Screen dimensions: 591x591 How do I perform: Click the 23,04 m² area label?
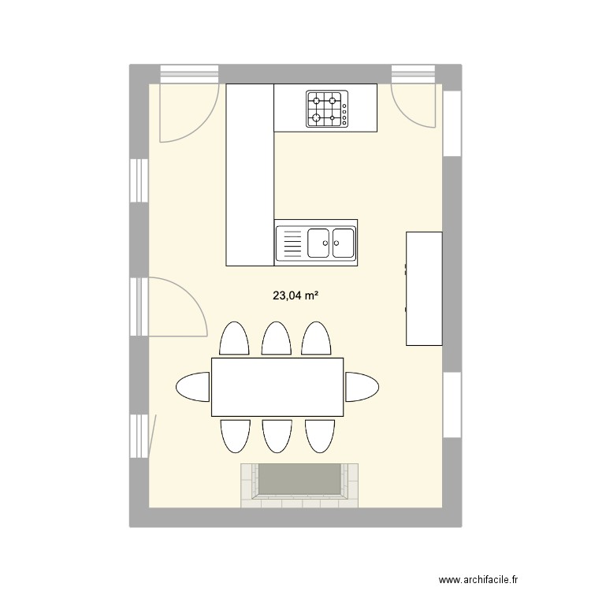point(295,296)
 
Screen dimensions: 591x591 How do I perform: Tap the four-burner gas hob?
point(325,109)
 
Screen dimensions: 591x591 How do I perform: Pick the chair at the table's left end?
point(193,387)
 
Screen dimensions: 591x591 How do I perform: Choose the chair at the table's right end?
point(362,387)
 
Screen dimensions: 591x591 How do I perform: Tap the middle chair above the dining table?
point(275,339)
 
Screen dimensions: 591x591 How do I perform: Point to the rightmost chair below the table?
point(318,435)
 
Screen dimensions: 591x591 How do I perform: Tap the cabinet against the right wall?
point(424,288)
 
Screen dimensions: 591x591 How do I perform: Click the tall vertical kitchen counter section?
point(249,175)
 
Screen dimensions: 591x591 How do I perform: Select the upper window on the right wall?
point(452,124)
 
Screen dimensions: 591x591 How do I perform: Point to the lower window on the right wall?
point(452,403)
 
